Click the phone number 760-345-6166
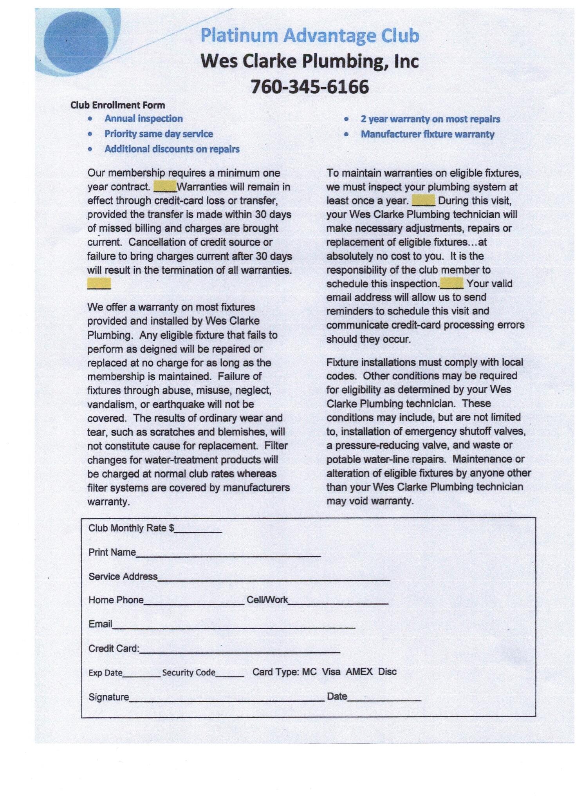[x=309, y=87]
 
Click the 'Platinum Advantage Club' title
[x=310, y=36]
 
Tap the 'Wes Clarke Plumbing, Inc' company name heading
[x=310, y=61]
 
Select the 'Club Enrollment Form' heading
[x=117, y=105]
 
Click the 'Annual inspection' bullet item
[x=143, y=119]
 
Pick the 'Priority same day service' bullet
[x=159, y=134]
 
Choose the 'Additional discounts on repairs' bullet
[x=172, y=149]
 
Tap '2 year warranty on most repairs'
[x=430, y=119]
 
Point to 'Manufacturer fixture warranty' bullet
[x=428, y=134]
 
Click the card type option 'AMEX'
[x=359, y=672]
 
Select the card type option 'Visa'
[x=331, y=672]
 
